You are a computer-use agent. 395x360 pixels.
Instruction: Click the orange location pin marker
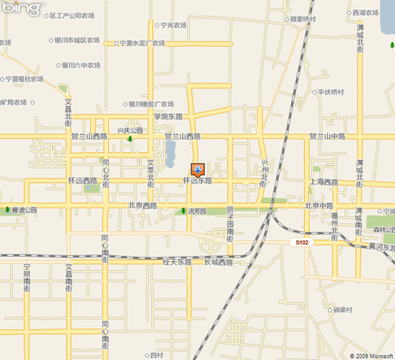[197, 170]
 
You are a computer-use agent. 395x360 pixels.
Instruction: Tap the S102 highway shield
[299, 242]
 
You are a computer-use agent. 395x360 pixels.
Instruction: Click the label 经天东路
[178, 261]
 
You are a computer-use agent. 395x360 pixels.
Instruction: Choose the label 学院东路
[167, 117]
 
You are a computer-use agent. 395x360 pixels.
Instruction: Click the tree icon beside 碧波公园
[8, 211]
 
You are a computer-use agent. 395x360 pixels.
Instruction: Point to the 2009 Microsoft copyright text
[368, 355]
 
